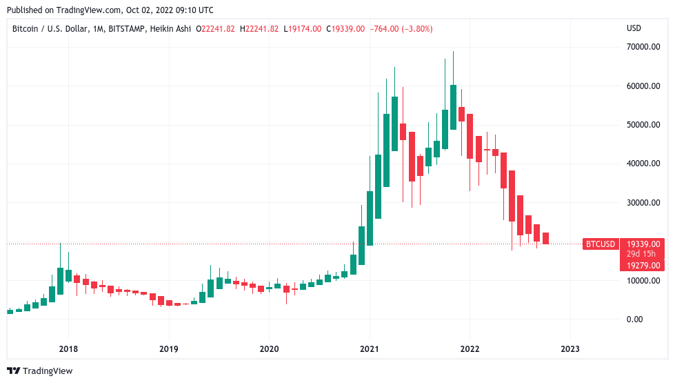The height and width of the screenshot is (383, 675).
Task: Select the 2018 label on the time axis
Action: click(x=68, y=348)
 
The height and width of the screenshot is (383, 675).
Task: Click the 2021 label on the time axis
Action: click(x=370, y=348)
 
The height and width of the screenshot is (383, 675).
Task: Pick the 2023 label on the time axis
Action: click(x=570, y=348)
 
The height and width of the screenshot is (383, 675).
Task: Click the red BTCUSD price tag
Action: click(x=600, y=244)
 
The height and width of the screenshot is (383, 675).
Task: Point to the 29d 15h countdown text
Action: click(x=641, y=255)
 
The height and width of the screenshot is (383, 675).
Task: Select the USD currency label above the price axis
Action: click(x=634, y=28)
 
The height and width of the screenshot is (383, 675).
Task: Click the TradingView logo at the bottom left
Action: click(x=40, y=371)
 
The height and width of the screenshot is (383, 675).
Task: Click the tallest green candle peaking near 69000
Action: click(x=453, y=107)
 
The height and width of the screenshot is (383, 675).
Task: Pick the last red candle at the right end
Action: click(x=545, y=238)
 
